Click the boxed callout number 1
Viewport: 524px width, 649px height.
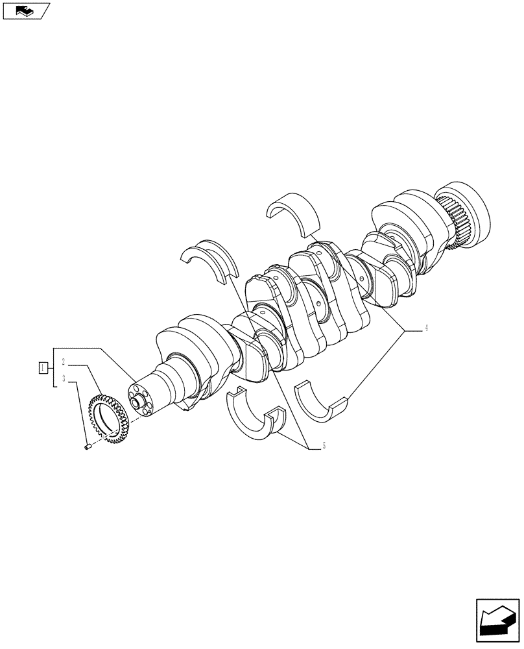click(42, 368)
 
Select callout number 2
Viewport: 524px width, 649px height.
click(63, 360)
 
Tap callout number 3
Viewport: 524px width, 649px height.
click(63, 378)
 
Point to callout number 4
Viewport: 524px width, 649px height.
click(426, 328)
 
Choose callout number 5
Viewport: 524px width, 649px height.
click(322, 447)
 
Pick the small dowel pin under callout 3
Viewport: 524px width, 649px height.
click(89, 445)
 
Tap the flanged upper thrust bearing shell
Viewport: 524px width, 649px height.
click(209, 260)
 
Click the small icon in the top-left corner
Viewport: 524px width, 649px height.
click(25, 10)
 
